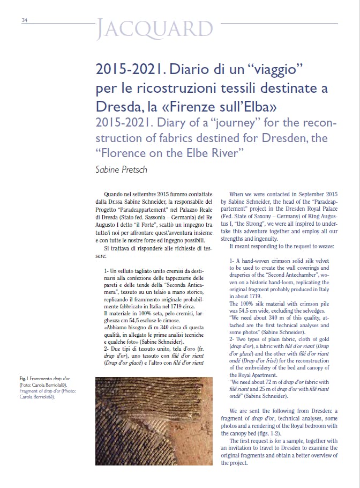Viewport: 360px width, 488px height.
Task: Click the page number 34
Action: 25,21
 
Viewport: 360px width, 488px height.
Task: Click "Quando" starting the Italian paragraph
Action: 116,193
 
